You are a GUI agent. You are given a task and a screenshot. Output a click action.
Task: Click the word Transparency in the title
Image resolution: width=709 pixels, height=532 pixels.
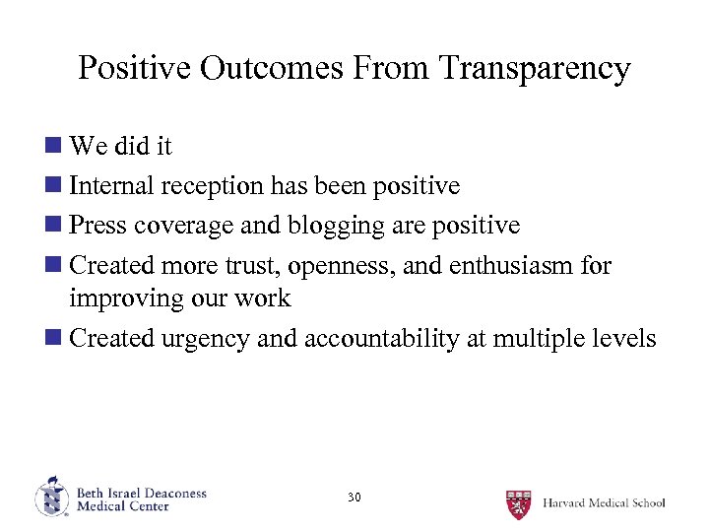(x=535, y=69)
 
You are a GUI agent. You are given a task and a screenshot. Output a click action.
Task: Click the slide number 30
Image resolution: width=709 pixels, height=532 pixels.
(x=354, y=498)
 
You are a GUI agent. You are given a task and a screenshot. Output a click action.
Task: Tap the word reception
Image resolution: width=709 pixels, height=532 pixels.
(x=214, y=186)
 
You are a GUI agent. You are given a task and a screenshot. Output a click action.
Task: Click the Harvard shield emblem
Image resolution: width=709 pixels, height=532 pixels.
(x=518, y=503)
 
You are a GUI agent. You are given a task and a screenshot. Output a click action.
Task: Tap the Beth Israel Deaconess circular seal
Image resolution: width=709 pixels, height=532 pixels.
(x=51, y=497)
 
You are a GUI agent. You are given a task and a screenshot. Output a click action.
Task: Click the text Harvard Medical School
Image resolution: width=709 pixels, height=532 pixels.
(x=603, y=503)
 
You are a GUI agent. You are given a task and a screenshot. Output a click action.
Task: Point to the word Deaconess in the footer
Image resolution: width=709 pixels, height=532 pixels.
(x=171, y=493)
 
